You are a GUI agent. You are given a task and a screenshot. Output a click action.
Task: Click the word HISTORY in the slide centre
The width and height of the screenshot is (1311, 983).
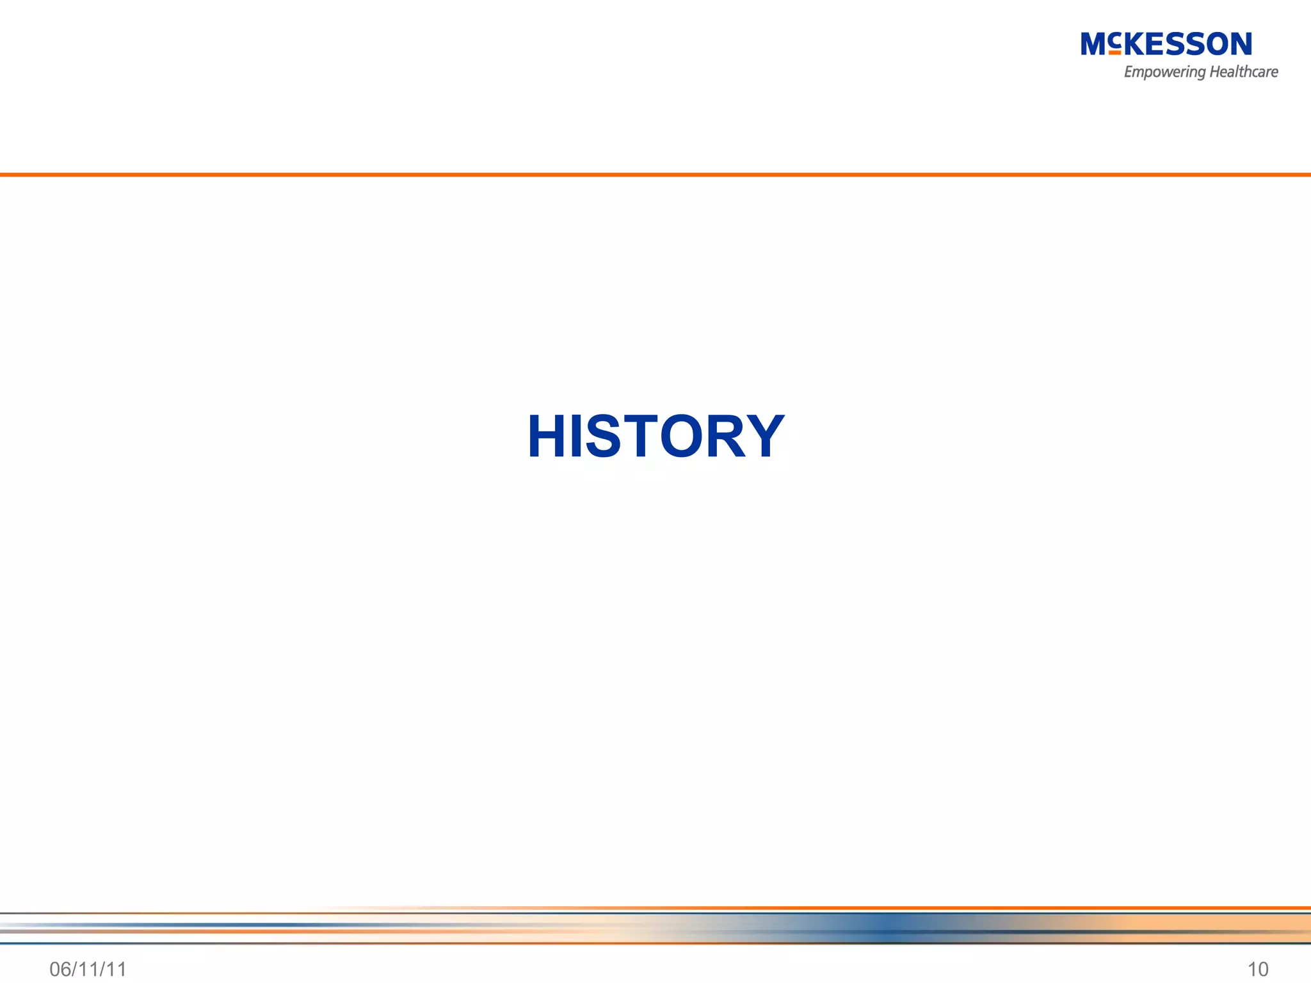(x=655, y=436)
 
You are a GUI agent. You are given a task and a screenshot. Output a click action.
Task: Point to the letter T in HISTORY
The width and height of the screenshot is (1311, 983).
(x=637, y=436)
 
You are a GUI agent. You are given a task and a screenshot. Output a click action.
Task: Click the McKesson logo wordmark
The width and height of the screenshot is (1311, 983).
(x=1166, y=44)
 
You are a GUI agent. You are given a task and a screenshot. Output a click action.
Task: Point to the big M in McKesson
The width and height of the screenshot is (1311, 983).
(x=1094, y=44)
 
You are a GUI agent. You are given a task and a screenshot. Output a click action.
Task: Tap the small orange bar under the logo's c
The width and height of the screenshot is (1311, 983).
(x=1114, y=52)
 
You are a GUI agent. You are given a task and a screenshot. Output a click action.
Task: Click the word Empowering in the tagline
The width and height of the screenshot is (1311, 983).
(x=1164, y=72)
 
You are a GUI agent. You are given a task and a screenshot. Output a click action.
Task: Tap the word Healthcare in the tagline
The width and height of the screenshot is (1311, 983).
(x=1244, y=72)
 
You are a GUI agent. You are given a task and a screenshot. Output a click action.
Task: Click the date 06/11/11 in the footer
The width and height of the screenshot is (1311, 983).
(x=88, y=969)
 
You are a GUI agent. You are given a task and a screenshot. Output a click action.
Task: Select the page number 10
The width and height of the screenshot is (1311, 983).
(x=1258, y=969)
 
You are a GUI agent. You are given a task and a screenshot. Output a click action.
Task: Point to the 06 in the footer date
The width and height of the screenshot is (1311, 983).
(x=60, y=969)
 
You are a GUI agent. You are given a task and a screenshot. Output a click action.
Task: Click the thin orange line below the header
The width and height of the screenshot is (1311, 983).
(x=655, y=174)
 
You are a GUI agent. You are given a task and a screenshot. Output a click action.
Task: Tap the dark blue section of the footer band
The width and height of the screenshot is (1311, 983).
(x=883, y=927)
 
